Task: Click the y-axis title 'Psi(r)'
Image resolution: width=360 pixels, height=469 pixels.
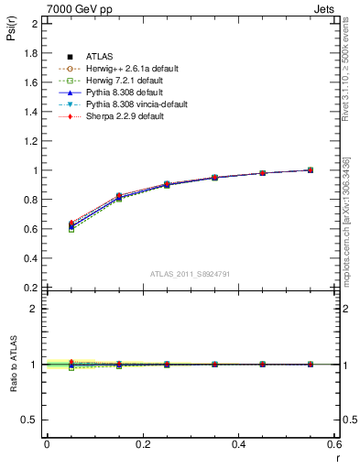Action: click(x=11, y=33)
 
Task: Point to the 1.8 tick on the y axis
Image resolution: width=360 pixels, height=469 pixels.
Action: click(x=32, y=53)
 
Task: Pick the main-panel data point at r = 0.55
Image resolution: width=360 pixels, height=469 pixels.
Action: click(x=311, y=170)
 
